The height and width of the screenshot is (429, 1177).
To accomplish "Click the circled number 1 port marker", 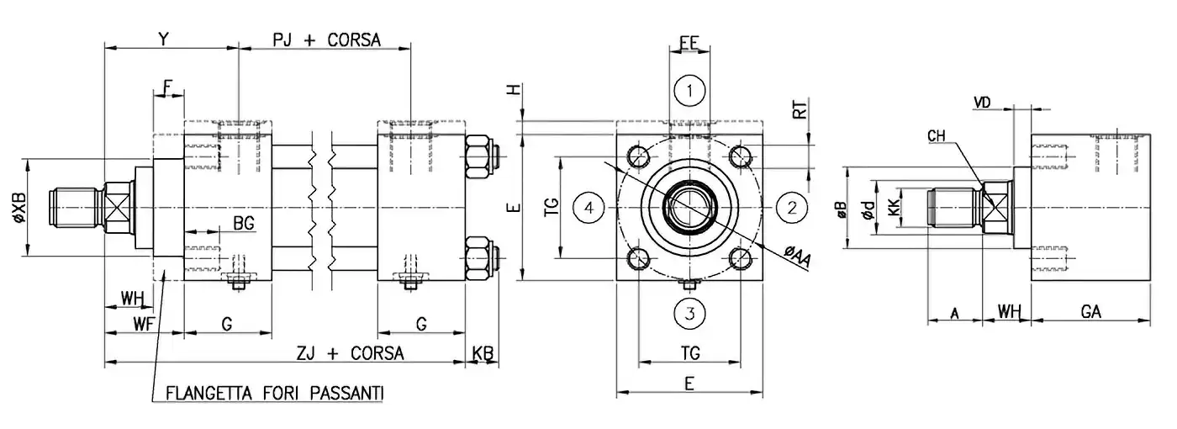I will (x=689, y=90).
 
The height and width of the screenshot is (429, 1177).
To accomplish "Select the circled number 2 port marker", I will (x=791, y=206).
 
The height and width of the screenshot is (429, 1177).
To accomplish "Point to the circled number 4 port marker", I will (x=590, y=206).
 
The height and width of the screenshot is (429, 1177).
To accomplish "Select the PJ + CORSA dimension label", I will (x=327, y=40).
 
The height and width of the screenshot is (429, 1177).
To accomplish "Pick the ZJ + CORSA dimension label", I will (x=352, y=352).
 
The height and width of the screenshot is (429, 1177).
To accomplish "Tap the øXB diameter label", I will (x=19, y=207).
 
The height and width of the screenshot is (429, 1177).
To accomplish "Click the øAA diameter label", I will (x=796, y=254).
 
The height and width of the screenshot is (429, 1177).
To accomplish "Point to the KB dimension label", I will (x=483, y=352).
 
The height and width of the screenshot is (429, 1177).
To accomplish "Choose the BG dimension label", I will (x=244, y=223).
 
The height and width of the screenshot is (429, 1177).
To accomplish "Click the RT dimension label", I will (x=801, y=111).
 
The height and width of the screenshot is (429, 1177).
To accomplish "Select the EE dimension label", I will (x=689, y=43).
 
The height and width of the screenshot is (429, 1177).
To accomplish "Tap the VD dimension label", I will (x=981, y=102).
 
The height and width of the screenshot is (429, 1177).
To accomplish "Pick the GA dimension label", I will (x=1091, y=312).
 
